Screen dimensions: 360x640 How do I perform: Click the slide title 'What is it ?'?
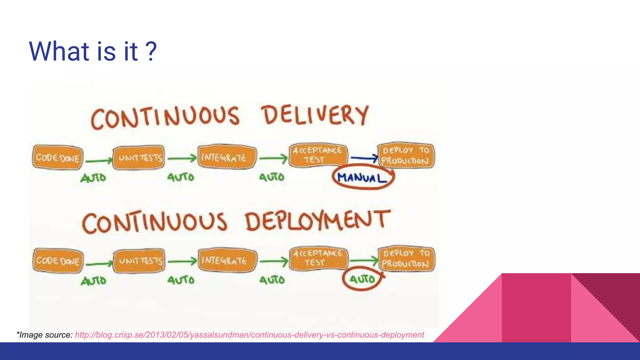pyautogui.click(x=93, y=51)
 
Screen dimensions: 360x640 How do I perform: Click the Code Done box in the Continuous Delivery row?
pyautogui.click(x=57, y=157)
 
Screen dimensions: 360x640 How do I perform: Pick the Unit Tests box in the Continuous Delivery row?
pyautogui.click(x=139, y=157)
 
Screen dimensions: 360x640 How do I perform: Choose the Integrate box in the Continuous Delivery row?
pyautogui.click(x=227, y=157)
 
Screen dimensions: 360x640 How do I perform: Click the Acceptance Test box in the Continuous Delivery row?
pyautogui.click(x=318, y=155)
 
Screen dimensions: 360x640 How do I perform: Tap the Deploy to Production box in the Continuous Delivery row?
pyautogui.click(x=405, y=156)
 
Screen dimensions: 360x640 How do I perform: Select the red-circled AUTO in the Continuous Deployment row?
pyautogui.click(x=362, y=279)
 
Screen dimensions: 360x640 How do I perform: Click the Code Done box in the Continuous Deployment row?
pyautogui.click(x=58, y=261)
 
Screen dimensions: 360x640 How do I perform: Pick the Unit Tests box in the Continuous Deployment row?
pyautogui.click(x=139, y=261)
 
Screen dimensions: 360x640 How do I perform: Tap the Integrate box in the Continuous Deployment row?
pyautogui.click(x=227, y=260)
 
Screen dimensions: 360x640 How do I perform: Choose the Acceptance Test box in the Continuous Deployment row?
pyautogui.click(x=318, y=258)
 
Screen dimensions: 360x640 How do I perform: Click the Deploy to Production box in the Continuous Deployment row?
pyautogui.click(x=406, y=259)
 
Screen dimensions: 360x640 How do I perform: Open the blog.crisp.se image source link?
pyautogui.click(x=249, y=335)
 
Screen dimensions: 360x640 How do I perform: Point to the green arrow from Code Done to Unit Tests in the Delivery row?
pyautogui.click(x=98, y=161)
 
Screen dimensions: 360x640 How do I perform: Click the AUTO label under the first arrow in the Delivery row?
pyautogui.click(x=93, y=178)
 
